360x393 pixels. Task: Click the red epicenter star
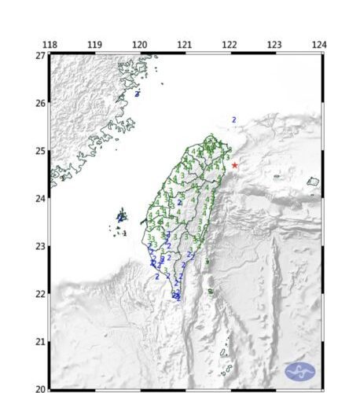tap(234, 165)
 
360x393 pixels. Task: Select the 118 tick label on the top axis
tap(50, 45)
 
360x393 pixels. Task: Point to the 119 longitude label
tap(94, 45)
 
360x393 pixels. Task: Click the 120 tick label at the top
tap(140, 45)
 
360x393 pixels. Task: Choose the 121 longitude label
tap(185, 45)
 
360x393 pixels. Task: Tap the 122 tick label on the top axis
tap(230, 45)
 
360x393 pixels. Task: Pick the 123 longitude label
tap(274, 45)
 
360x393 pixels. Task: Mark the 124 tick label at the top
tap(318, 45)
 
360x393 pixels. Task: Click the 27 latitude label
tap(39, 56)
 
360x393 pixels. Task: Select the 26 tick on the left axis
tap(39, 103)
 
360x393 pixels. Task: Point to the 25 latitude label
tap(39, 151)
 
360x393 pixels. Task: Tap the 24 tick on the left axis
tap(39, 198)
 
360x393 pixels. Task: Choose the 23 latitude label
tap(39, 246)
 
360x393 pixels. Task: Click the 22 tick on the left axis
tap(39, 294)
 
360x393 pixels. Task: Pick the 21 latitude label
tap(39, 341)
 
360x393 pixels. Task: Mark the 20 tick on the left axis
tap(39, 388)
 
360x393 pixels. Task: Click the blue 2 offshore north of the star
tap(233, 119)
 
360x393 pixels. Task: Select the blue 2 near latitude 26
tap(138, 94)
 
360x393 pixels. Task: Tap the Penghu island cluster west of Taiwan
tap(121, 215)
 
